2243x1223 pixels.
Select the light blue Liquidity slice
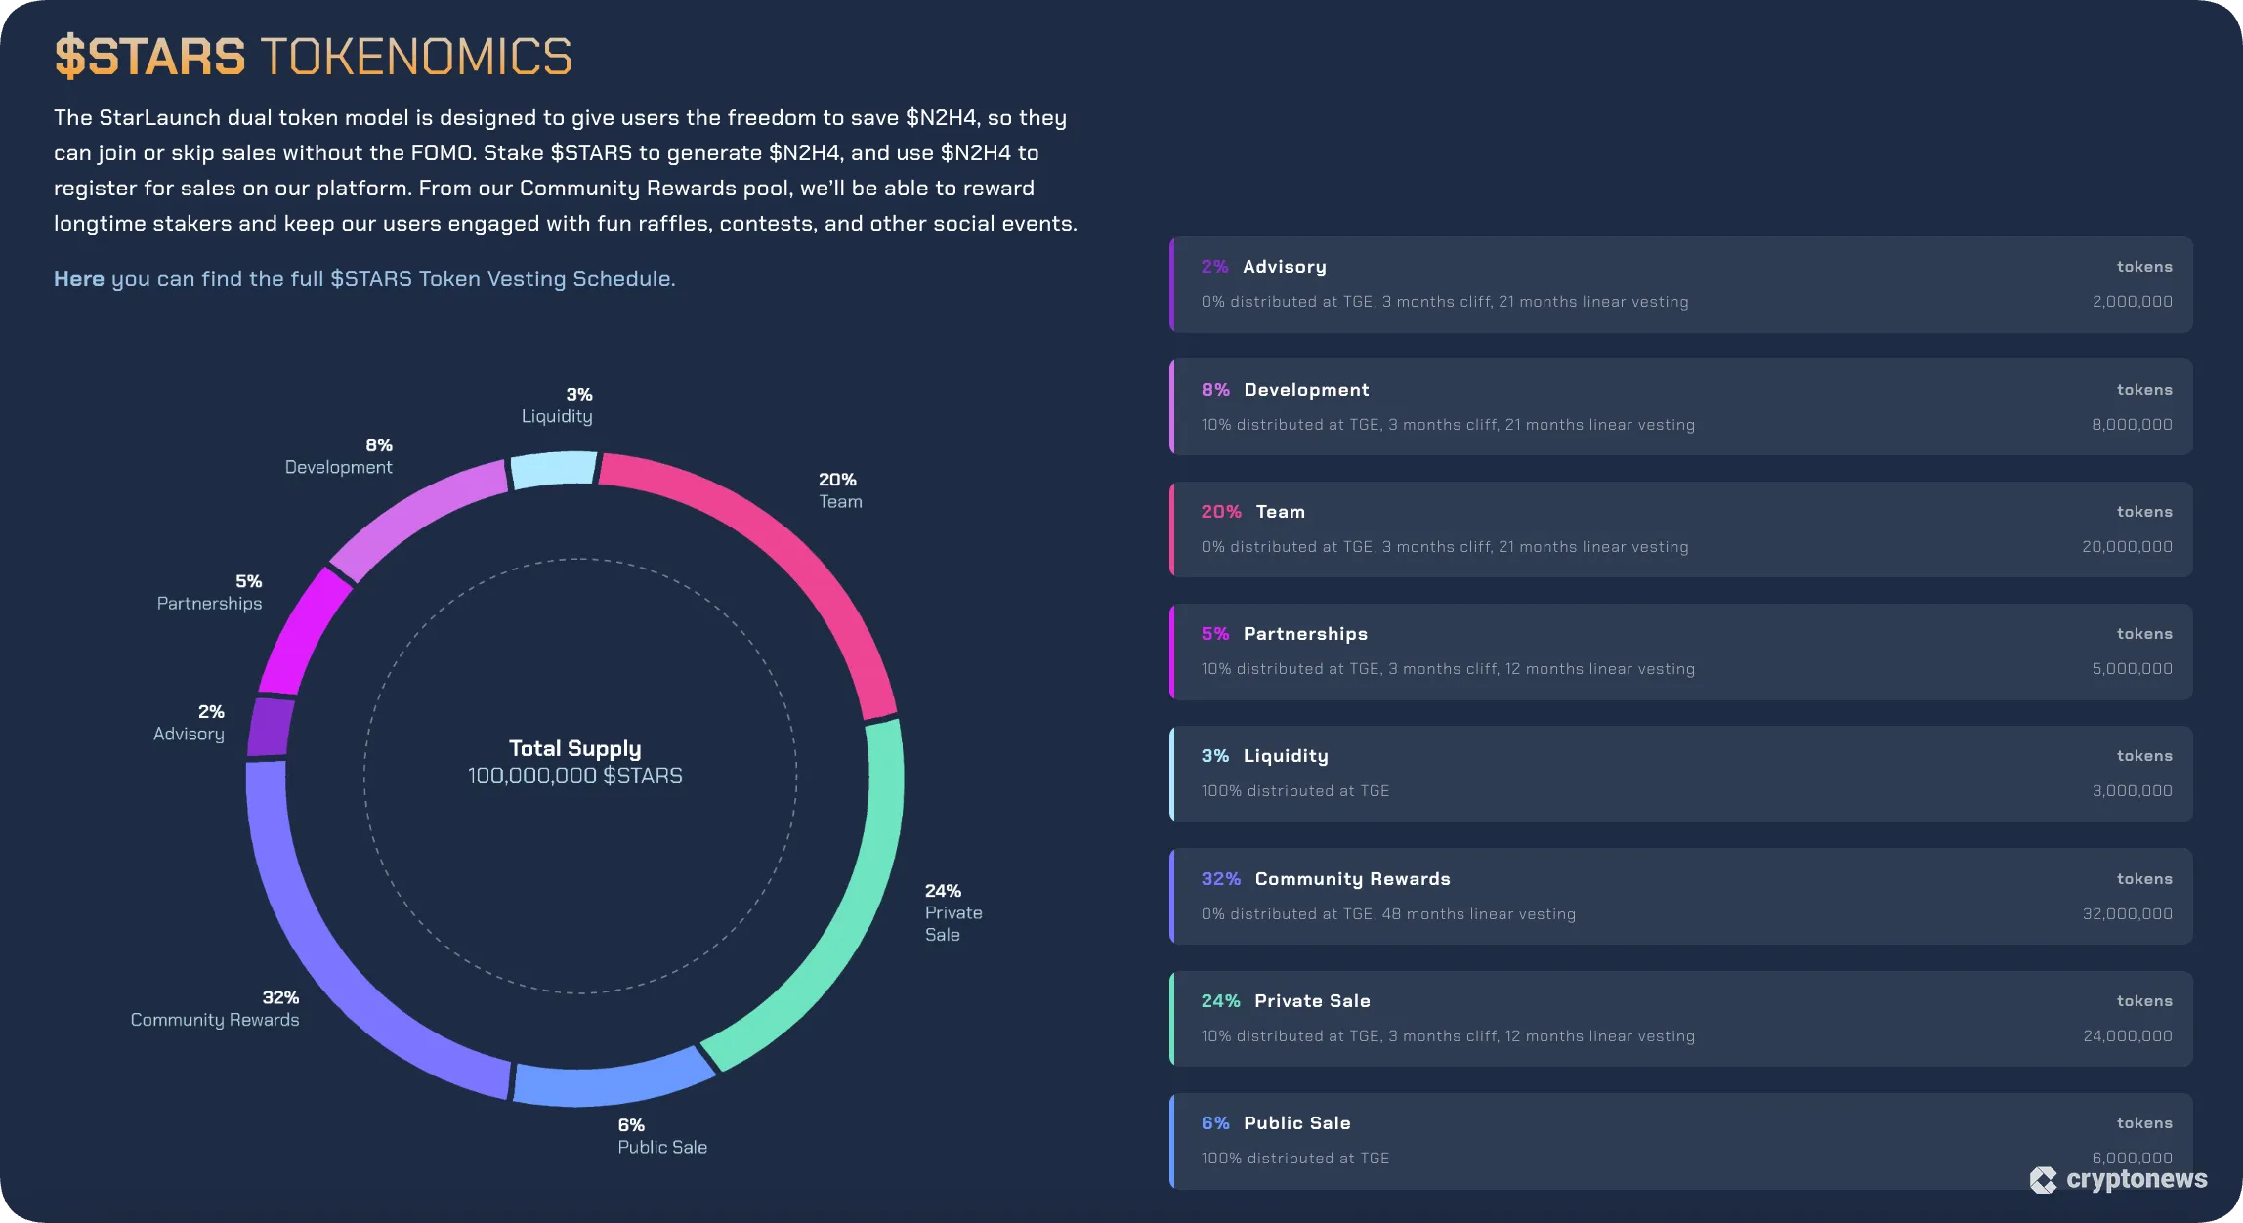[554, 470]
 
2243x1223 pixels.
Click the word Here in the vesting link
[78, 279]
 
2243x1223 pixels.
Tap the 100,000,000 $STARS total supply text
[574, 777]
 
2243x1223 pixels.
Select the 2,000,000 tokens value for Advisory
[2132, 302]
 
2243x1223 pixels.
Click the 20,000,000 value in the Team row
[2127, 547]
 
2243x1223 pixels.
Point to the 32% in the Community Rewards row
[1220, 879]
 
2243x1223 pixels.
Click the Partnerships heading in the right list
[1305, 634]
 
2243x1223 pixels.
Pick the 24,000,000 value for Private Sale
[2127, 1036]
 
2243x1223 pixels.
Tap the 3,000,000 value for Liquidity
[2132, 791]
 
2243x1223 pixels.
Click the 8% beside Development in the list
[1215, 390]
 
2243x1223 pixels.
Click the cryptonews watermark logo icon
[2043, 1180]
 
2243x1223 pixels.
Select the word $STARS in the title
[149, 57]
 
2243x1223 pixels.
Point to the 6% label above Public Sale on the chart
[631, 1125]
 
